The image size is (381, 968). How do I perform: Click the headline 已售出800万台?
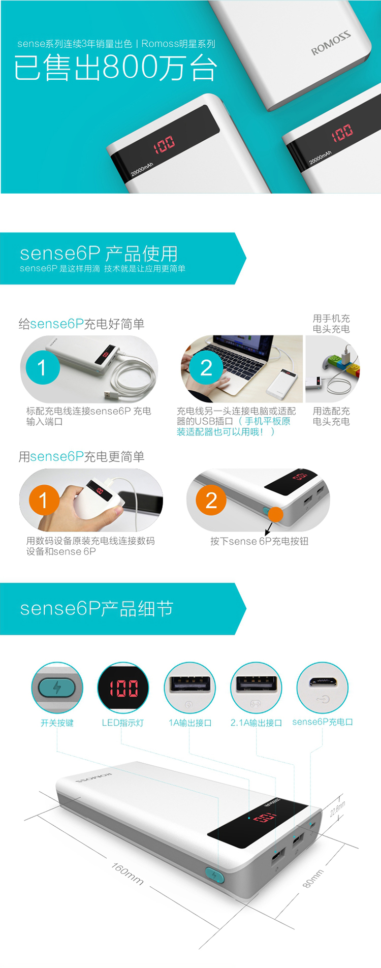click(x=116, y=68)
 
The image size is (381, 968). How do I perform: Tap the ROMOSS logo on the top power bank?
click(x=331, y=43)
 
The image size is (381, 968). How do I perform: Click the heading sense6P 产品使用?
click(x=99, y=253)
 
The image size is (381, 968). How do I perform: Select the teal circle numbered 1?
click(x=42, y=367)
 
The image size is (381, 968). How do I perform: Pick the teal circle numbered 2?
click(x=206, y=367)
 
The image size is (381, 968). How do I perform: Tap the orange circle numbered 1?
click(x=44, y=500)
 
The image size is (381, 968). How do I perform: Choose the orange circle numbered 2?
click(x=211, y=500)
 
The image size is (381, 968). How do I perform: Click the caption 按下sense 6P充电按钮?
click(x=259, y=541)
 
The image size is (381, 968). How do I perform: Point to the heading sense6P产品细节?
click(x=97, y=608)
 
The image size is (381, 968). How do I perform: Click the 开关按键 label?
click(x=57, y=723)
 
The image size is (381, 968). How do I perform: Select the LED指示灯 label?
click(x=123, y=723)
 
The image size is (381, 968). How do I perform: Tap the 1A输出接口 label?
click(x=190, y=723)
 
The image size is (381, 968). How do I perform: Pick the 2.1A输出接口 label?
click(x=256, y=723)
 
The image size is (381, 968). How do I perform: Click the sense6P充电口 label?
click(x=323, y=722)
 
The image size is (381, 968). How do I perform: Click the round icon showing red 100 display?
click(x=123, y=688)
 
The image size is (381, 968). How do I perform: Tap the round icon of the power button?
click(x=57, y=688)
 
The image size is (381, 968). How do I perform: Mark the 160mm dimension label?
click(x=128, y=874)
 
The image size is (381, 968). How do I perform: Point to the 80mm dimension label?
click(x=313, y=879)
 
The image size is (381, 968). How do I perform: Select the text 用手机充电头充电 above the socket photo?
click(x=331, y=324)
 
